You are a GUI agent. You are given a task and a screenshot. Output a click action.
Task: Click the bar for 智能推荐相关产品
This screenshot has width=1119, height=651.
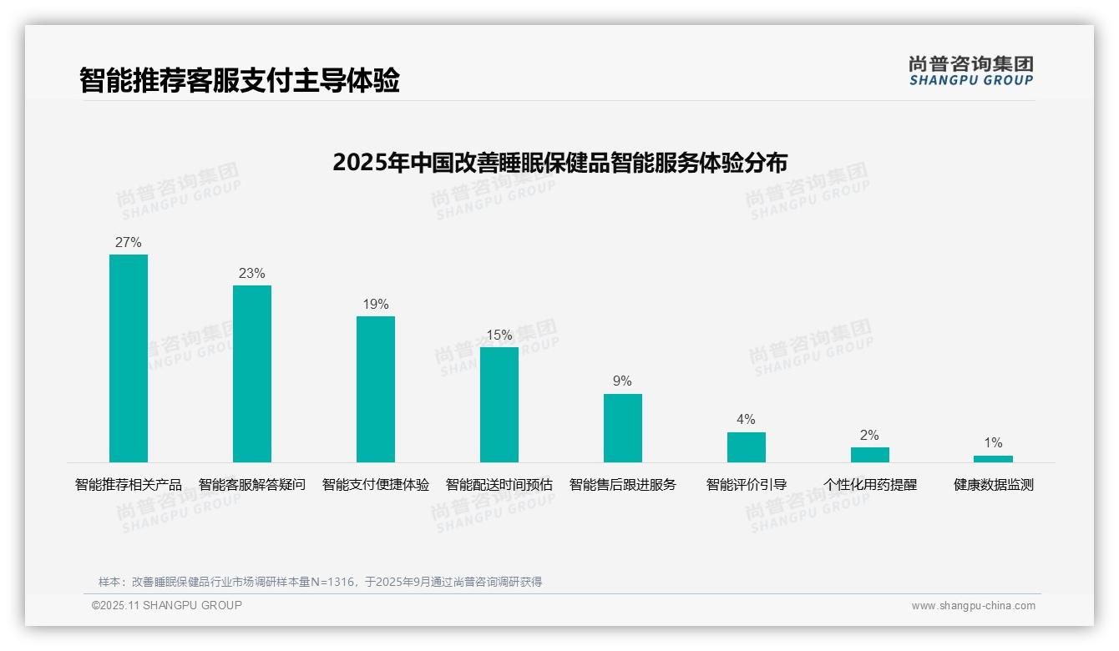(129, 358)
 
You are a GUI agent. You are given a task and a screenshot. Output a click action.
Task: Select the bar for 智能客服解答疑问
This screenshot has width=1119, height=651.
(252, 374)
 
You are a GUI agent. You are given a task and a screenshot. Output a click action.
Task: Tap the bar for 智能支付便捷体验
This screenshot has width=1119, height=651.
(376, 389)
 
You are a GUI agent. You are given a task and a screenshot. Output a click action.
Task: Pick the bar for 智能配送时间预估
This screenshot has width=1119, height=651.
(499, 405)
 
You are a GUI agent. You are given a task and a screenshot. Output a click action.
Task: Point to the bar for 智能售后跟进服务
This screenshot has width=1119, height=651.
(623, 428)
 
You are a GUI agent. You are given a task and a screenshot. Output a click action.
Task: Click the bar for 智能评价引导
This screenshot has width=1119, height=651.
(747, 447)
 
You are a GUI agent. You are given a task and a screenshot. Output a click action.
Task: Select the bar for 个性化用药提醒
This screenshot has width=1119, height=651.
(870, 455)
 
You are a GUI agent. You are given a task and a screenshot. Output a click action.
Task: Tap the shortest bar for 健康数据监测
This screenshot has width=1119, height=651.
(993, 459)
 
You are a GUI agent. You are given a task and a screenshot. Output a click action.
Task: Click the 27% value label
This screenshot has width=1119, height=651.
(129, 243)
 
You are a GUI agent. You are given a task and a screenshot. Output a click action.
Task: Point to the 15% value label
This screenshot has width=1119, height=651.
(499, 336)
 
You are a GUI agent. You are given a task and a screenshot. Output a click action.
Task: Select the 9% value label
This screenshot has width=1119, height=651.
(623, 381)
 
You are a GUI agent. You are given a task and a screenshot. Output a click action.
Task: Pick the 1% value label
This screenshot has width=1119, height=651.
(993, 443)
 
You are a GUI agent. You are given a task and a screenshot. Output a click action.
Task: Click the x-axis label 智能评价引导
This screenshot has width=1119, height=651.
(747, 485)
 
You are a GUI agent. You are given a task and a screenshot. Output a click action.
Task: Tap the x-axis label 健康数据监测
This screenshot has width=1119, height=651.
(994, 485)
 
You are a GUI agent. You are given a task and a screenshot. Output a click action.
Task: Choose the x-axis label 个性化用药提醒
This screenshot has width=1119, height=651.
(870, 485)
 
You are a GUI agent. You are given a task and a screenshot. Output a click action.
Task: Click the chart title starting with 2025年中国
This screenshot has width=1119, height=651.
(559, 162)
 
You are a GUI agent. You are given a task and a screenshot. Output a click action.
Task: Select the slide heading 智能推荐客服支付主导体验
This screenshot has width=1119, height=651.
(240, 81)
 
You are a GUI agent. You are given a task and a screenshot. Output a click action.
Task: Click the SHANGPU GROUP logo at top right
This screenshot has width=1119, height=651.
(971, 71)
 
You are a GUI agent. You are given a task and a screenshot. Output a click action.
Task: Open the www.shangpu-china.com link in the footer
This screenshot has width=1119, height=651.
(973, 606)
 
